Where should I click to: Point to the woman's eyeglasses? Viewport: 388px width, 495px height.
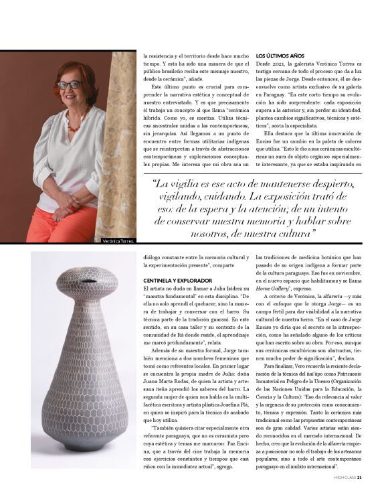[x=70, y=85]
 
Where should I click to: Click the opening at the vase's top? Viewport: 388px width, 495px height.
[x=86, y=281]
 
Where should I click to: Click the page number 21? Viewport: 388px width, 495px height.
[x=359, y=477]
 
